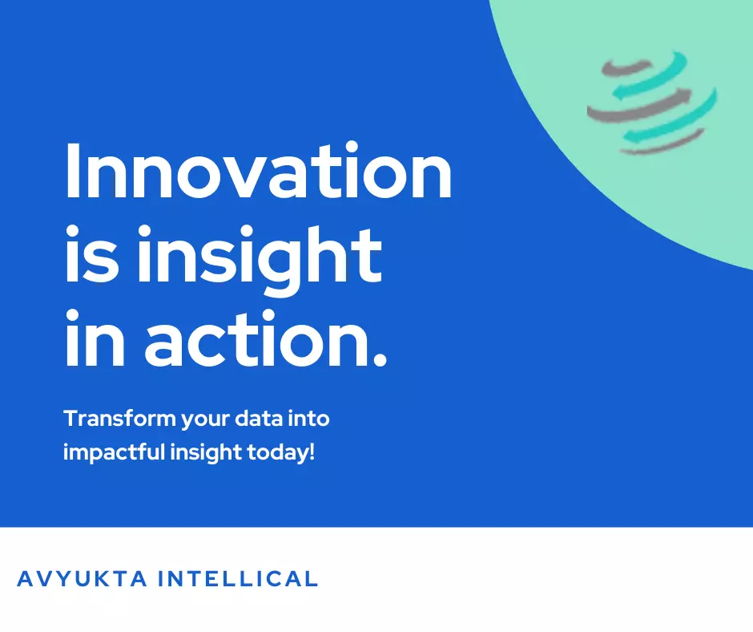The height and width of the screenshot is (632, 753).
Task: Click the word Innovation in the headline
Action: coord(259,170)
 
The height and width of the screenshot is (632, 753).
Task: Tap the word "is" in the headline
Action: coord(92,253)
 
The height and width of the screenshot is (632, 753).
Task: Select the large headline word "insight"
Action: coord(260,261)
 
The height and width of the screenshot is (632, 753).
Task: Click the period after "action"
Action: coord(380,359)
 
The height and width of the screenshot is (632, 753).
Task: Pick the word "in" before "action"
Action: coord(95,338)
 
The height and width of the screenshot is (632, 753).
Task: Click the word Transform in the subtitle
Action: coord(119,418)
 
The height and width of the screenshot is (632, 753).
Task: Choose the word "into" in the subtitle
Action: coord(308,418)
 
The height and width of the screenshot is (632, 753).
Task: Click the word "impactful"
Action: coord(114,452)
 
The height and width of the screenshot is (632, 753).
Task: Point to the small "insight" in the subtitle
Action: coord(206,452)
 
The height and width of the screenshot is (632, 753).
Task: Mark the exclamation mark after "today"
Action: coord(312,452)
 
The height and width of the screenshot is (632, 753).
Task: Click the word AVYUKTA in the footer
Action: coord(83,578)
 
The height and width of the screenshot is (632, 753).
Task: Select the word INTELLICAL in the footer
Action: coord(238,578)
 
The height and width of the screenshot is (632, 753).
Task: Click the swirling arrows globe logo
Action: coord(652,103)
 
